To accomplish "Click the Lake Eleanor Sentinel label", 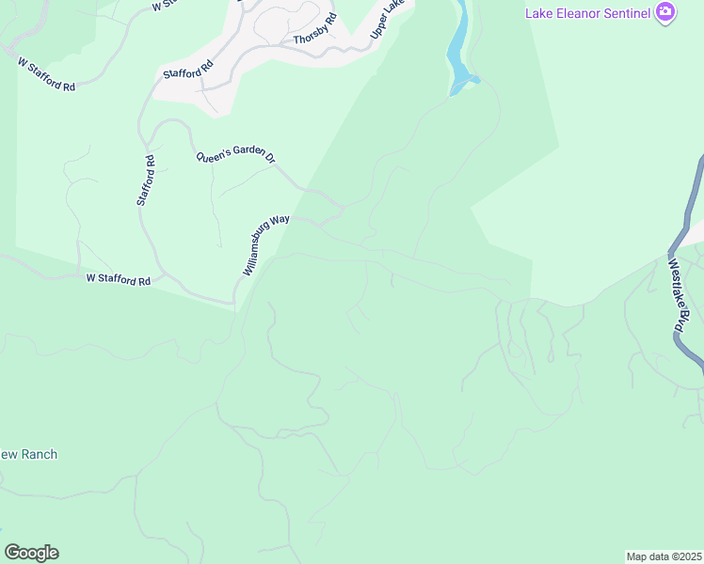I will tap(588, 11).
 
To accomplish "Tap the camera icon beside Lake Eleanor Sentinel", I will tap(666, 11).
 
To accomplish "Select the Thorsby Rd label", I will tap(314, 34).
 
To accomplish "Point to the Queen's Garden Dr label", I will tap(234, 158).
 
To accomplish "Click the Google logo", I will tap(31, 553).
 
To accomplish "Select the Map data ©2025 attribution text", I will tap(664, 556).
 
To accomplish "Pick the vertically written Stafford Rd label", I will tap(145, 181).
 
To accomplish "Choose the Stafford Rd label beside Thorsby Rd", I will tap(188, 68).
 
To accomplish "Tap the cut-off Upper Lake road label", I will tap(390, 21).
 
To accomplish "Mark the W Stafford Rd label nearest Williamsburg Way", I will tap(119, 279).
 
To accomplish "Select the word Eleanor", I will tap(576, 11).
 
